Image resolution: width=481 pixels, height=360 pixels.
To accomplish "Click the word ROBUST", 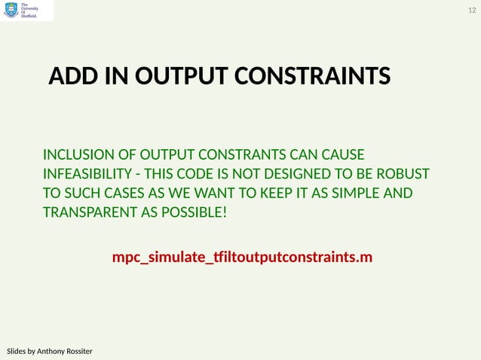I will (403, 174).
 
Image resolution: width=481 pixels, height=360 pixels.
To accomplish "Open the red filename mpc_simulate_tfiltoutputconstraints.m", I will (242, 258).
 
